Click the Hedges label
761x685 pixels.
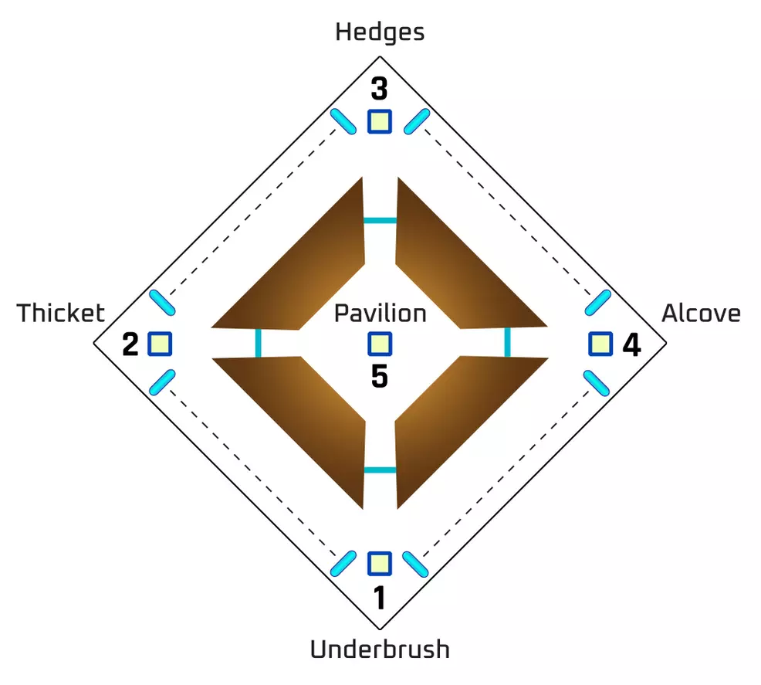380,32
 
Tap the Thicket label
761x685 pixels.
61,314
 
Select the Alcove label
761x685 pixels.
701,314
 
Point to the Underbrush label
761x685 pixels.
380,649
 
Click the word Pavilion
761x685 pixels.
380,314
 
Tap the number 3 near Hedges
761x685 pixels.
379,90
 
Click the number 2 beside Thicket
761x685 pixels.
130,344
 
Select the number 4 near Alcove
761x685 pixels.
631,344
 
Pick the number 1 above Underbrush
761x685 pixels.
379,599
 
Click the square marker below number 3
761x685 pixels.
379,121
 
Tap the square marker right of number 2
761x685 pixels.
160,344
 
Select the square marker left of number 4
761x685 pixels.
600,344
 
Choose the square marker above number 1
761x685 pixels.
379,564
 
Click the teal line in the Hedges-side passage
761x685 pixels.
380,221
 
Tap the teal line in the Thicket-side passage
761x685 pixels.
258,343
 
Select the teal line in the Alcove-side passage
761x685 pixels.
507,342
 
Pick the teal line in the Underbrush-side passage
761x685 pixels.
380,470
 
